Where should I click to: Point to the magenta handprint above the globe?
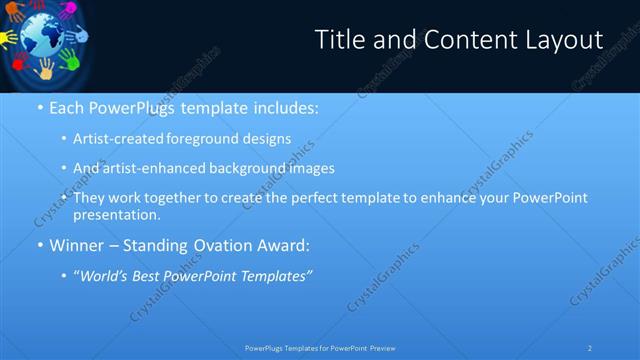[x=66, y=10]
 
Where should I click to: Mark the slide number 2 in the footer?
[x=590, y=347]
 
